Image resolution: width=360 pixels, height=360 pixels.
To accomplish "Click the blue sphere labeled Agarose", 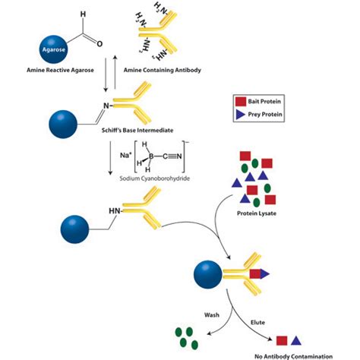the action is [53, 49].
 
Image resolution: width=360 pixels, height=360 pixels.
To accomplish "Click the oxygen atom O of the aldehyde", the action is [99, 44].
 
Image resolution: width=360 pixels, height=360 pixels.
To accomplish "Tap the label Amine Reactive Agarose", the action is [60, 70].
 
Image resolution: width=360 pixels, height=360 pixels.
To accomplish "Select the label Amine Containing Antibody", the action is [163, 70].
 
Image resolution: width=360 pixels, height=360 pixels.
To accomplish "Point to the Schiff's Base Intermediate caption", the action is [137, 131].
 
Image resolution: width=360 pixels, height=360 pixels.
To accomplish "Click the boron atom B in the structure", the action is [151, 156].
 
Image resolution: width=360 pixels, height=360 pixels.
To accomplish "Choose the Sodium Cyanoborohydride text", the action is [154, 178].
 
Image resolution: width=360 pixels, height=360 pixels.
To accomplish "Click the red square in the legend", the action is [241, 102].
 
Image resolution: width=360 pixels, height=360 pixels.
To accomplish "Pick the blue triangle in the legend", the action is [240, 115].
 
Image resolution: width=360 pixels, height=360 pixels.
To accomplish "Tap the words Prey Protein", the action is [265, 115].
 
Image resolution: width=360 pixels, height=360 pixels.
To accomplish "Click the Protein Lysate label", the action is [257, 213].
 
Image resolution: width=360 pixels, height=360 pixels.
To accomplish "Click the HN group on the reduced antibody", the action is [115, 210].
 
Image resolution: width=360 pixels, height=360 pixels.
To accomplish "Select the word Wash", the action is [212, 315].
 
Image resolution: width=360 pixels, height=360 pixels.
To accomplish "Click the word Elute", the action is [257, 323].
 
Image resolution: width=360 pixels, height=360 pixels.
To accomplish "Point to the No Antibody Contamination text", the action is [293, 356].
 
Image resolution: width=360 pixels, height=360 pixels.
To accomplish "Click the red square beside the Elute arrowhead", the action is [282, 341].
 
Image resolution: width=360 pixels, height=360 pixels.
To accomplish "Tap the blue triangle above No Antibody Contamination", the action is [296, 341].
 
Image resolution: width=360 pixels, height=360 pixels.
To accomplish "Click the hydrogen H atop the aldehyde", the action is [83, 14].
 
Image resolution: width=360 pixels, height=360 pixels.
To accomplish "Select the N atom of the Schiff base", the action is [106, 106].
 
